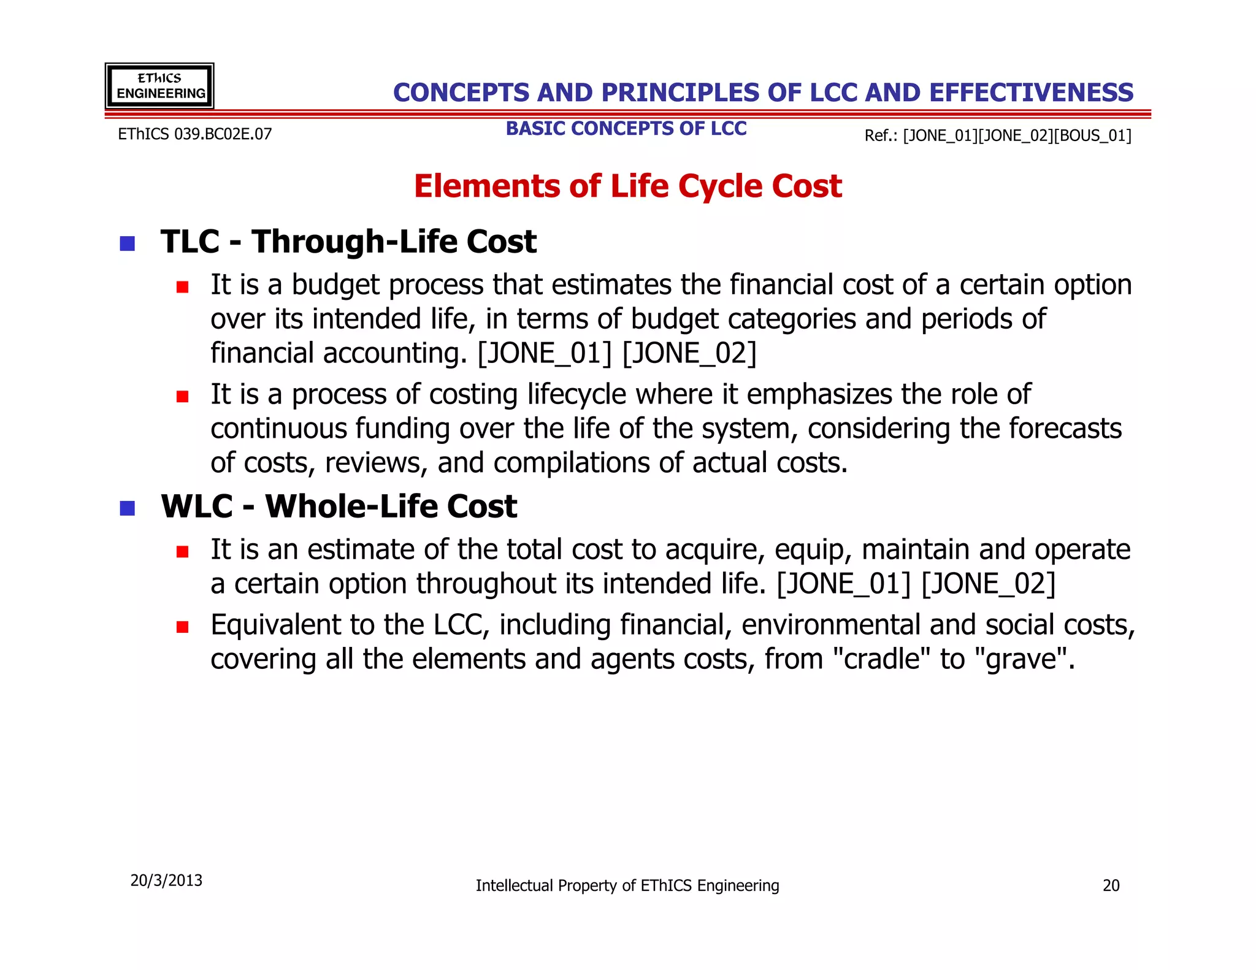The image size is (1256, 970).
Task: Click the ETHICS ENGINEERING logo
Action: pos(159,86)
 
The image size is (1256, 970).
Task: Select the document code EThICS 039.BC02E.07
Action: pos(194,134)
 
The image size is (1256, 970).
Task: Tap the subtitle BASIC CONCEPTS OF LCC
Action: pos(626,129)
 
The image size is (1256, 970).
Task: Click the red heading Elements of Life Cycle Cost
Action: pos(627,186)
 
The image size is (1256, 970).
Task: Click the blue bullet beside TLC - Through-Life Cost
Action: pos(128,243)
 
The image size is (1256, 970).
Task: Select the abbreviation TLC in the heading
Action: pos(190,242)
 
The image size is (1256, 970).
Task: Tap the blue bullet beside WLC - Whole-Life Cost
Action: pos(128,508)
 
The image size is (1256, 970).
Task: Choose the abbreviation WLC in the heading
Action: pos(196,506)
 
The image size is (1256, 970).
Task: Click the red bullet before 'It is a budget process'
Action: pos(182,287)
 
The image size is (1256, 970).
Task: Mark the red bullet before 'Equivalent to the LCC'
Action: pos(182,627)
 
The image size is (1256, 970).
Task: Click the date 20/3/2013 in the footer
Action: pos(166,880)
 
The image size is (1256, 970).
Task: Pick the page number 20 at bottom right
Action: pos(1111,885)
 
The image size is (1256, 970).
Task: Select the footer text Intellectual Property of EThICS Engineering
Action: pos(627,885)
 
